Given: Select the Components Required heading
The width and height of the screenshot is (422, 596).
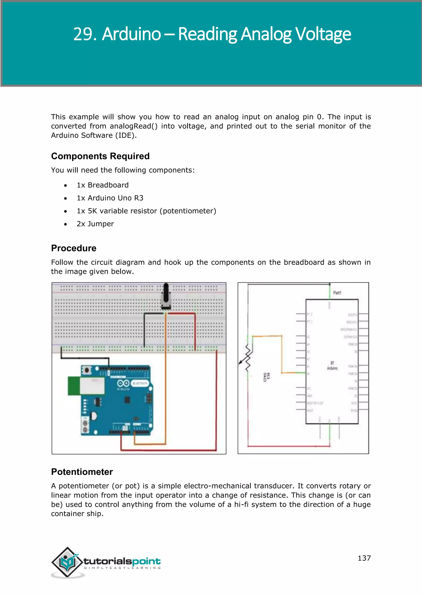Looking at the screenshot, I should click(x=100, y=156).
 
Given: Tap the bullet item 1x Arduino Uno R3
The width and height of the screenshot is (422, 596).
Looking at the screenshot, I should click(x=110, y=198).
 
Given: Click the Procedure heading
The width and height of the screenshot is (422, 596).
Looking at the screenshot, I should click(x=74, y=248).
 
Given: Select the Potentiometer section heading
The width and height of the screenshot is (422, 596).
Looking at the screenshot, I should click(x=82, y=472).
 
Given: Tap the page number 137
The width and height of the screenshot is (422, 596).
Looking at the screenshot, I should click(x=364, y=558).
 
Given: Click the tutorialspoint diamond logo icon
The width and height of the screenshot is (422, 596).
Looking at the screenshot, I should click(x=67, y=562).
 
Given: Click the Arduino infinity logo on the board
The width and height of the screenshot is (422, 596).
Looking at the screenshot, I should click(x=123, y=383).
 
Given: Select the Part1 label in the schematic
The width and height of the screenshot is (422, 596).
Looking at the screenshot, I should click(x=337, y=293).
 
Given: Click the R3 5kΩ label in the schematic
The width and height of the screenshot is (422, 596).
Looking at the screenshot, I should click(x=267, y=377).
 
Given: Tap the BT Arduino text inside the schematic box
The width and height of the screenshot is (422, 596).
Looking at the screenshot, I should click(x=332, y=366).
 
